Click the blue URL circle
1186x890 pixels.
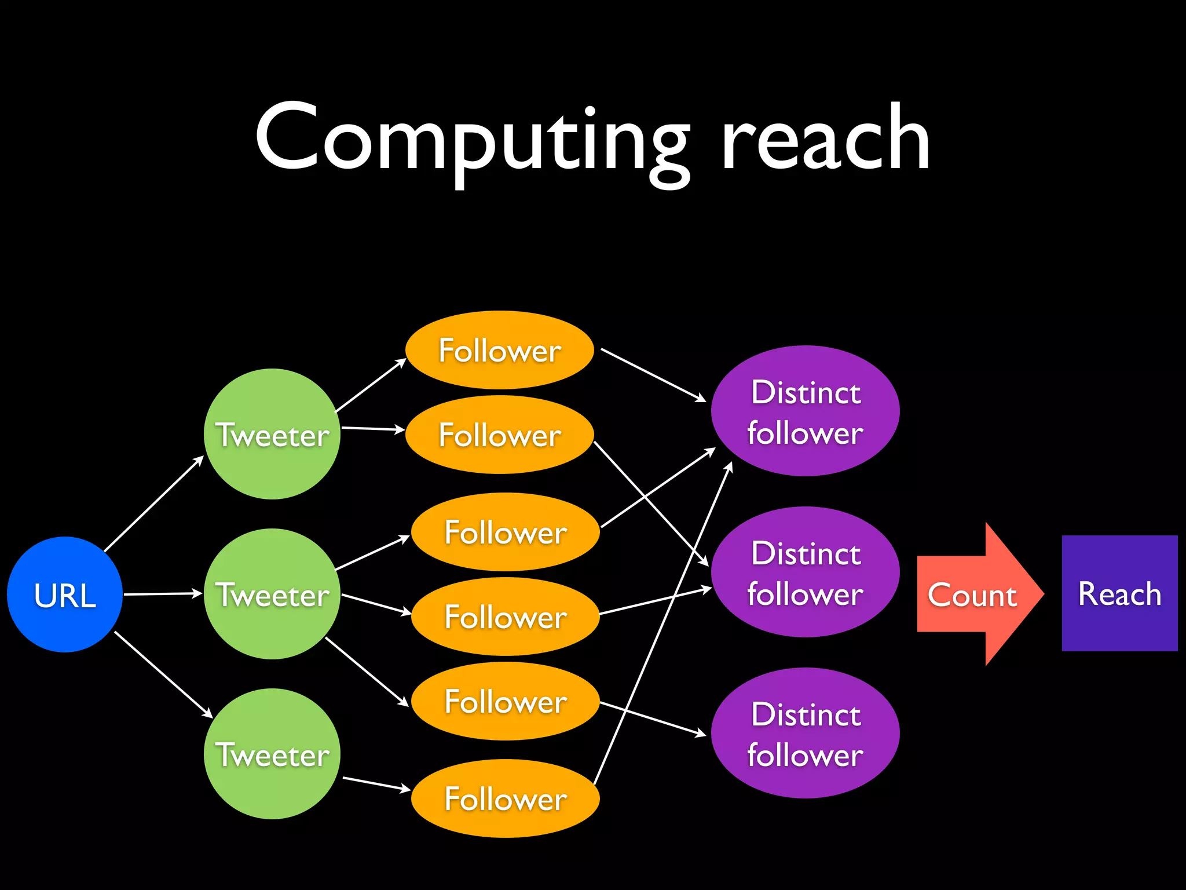(x=65, y=594)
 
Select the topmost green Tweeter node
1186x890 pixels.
(x=272, y=434)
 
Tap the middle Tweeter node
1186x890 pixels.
(x=272, y=594)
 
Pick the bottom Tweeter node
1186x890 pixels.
(x=272, y=754)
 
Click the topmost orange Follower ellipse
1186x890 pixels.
(x=500, y=350)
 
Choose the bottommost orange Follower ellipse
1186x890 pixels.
(x=505, y=798)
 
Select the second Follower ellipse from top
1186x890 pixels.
(x=500, y=435)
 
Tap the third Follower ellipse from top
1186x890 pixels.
(x=505, y=532)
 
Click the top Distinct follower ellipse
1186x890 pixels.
(x=805, y=411)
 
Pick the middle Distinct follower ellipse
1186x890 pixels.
(x=805, y=572)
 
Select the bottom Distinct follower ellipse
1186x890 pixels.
(x=805, y=734)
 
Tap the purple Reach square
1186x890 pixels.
(x=1119, y=593)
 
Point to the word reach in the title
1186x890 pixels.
(x=825, y=139)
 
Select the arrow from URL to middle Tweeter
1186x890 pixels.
(x=162, y=594)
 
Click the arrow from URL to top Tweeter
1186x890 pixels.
(x=153, y=504)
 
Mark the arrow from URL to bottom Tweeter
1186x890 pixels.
(x=163, y=674)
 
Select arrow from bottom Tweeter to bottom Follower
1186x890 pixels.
(x=376, y=783)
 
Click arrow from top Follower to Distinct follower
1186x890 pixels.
(x=653, y=375)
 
